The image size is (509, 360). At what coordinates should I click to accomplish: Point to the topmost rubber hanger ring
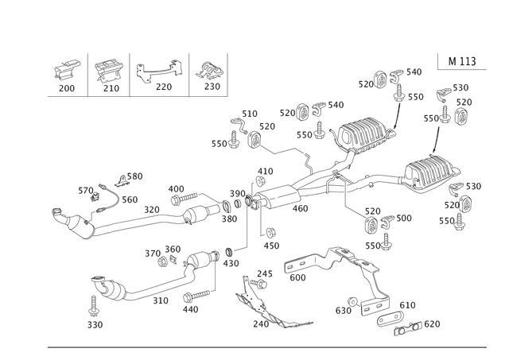379,76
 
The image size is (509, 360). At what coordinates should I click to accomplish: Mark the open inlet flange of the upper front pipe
58,214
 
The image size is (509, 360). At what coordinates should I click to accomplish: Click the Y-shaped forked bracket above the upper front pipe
111,189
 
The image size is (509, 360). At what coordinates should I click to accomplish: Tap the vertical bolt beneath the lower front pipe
94,305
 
